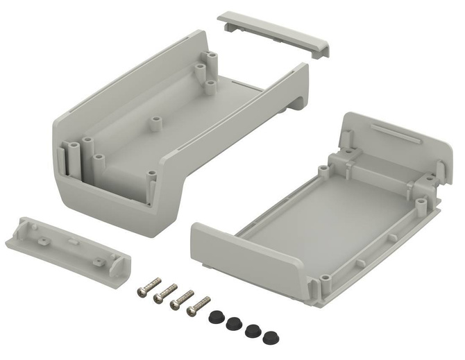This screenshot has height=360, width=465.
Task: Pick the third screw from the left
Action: pos(182,299)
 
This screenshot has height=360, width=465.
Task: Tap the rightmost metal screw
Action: pos(198,305)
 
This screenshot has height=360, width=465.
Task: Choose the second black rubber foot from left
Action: pos(234,323)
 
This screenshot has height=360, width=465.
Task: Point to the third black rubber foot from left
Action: pos(252,331)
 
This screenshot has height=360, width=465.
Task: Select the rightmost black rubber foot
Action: pos(269,337)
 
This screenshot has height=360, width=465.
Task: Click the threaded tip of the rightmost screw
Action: pos(207,299)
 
